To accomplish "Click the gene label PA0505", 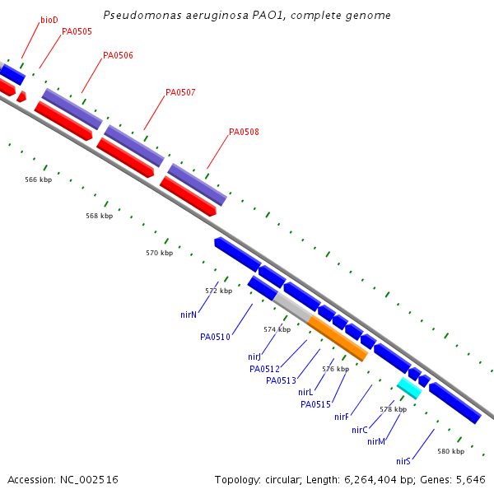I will coord(77,31).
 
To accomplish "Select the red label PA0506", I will coord(118,56).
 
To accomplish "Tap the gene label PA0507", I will coord(180,92).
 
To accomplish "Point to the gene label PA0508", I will coord(244,132).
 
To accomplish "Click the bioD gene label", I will coord(49,19).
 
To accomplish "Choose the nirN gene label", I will coord(189,315).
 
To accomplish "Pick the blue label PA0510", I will coord(215,337).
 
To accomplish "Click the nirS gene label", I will coord(403,461).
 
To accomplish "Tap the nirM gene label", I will coord(376,441).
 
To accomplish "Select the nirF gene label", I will coord(342,417).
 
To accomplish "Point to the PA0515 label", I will coord(315,404).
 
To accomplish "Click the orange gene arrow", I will coord(338,338).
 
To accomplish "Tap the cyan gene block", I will coord(409,387).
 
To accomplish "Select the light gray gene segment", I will coord(292,306).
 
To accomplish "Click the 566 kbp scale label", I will coord(38,179).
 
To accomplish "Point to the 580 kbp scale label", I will coord(450,451).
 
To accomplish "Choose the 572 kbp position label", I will coord(218,291).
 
